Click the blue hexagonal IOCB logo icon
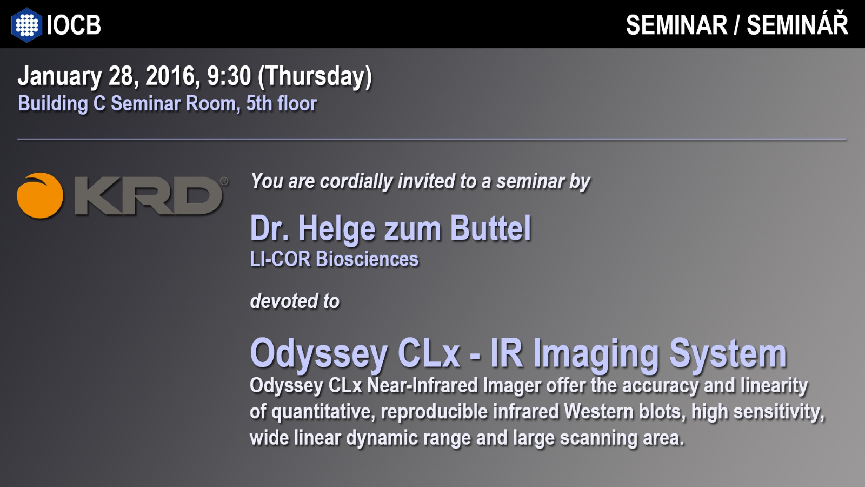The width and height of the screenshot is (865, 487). coord(26,25)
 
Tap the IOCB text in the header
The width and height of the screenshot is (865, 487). coord(74,25)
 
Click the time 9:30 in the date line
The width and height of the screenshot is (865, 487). coord(229,76)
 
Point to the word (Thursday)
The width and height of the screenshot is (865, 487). coord(315,76)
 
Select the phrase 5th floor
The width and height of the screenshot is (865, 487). coord(282,103)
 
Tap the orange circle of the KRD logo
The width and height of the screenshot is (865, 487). coord(40,195)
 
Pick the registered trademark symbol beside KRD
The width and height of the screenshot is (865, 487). coord(224,181)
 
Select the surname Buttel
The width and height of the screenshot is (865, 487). coord(490,228)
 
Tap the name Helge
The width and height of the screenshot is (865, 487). coord(337,229)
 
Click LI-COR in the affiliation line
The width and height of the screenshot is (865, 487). coord(280,259)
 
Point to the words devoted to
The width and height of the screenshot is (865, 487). coord(295,301)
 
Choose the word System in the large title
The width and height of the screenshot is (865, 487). coord(728,354)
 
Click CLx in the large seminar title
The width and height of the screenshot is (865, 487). coord(428,353)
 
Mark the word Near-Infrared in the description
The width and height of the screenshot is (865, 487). coord(422,385)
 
